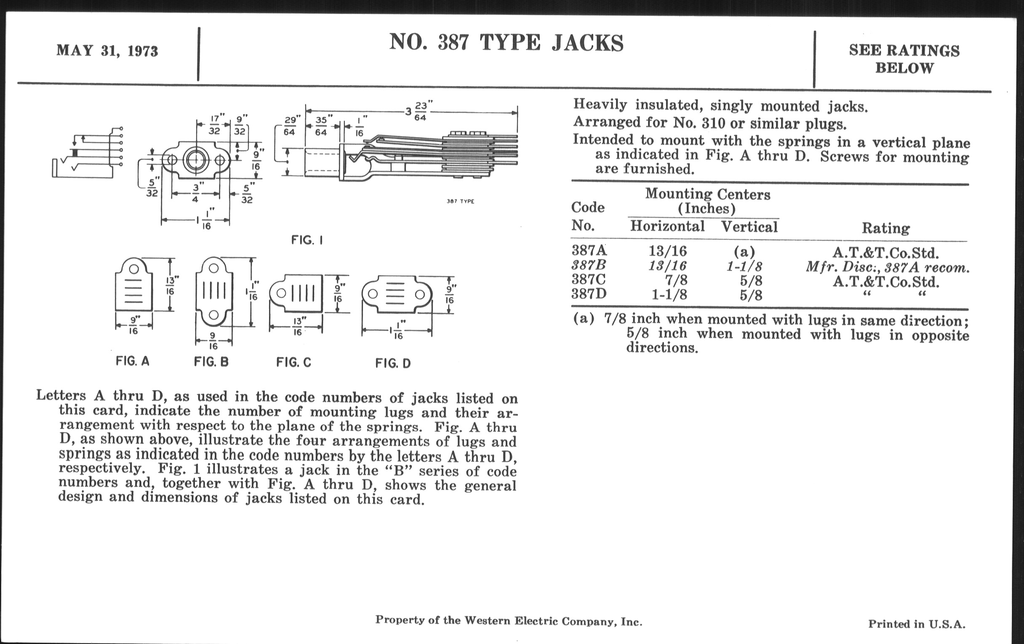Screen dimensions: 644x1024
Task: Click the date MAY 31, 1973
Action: click(107, 51)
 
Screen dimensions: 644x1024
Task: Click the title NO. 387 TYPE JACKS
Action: click(506, 43)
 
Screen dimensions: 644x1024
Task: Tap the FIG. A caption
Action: click(133, 361)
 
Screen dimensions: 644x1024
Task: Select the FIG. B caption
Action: click(211, 362)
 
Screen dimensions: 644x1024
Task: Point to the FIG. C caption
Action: click(294, 362)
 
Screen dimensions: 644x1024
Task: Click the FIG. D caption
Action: click(393, 363)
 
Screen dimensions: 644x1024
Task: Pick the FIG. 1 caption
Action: click(307, 240)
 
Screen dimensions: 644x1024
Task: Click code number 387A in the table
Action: click(589, 250)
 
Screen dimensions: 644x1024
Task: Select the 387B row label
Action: click(589, 265)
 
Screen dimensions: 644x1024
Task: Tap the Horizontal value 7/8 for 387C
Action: click(676, 280)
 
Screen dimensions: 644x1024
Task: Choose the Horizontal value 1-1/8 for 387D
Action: click(669, 295)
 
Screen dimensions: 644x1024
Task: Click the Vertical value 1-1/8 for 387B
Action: click(744, 266)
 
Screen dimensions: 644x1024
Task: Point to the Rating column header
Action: click(886, 228)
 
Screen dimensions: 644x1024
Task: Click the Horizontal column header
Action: click(667, 226)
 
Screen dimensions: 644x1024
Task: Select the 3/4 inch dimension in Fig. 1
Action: click(196, 192)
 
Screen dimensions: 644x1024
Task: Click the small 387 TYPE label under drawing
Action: click(460, 202)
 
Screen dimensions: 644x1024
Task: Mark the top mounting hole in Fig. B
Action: click(214, 268)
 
